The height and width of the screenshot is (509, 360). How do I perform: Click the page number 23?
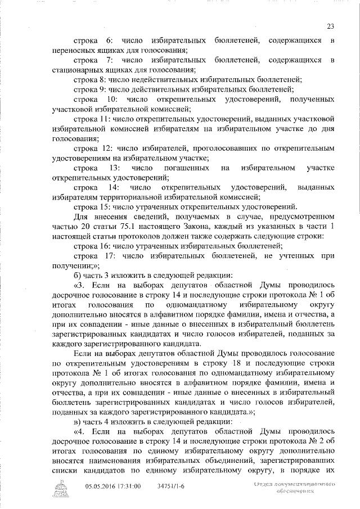(x=330, y=25)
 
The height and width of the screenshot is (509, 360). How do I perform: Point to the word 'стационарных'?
(x=75, y=69)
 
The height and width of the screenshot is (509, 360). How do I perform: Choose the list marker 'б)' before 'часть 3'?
(x=78, y=275)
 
